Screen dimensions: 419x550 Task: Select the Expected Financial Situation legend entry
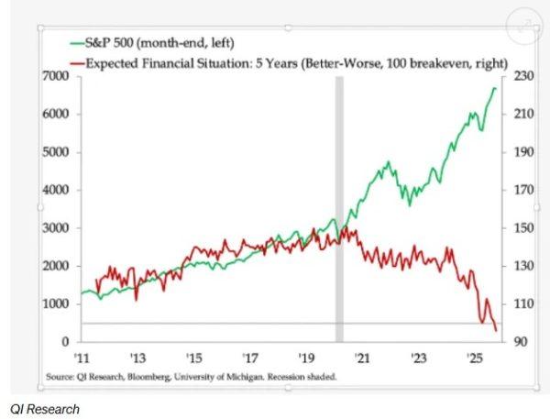(275, 61)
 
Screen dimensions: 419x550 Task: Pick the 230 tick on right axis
(520, 77)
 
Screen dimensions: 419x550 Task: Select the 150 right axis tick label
(520, 228)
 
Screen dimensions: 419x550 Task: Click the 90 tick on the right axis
(517, 342)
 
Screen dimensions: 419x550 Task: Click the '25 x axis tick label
(475, 357)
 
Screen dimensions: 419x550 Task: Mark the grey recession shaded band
(339, 202)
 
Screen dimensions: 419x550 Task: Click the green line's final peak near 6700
(496, 89)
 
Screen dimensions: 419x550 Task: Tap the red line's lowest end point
(496, 330)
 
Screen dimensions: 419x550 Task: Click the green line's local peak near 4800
(388, 162)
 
